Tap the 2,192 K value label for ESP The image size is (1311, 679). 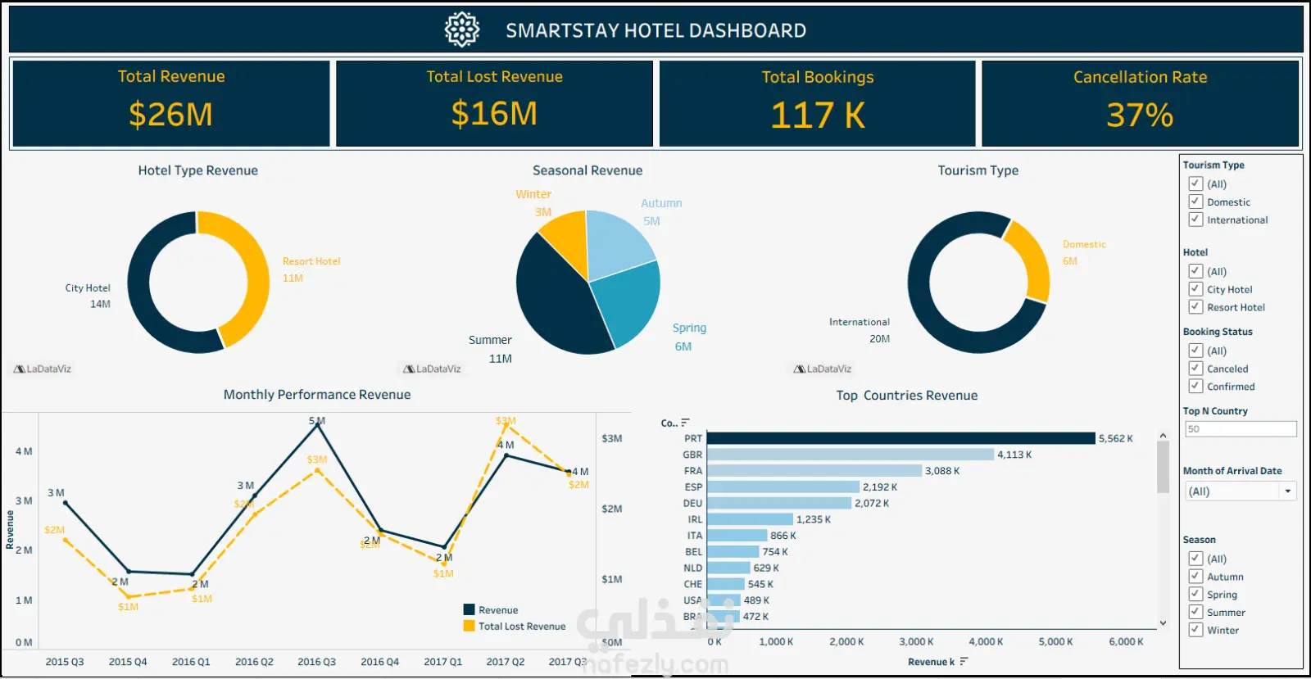879,487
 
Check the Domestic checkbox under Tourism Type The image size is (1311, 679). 1195,201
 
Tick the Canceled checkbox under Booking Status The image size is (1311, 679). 1195,369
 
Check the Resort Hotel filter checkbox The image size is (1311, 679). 1195,307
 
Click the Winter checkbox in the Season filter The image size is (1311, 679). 1195,630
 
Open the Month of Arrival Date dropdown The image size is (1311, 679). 1287,491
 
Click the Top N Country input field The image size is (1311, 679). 1240,429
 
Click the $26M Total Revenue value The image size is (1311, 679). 170,115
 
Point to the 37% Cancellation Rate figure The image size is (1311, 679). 1140,115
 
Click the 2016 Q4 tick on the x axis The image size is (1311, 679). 379,662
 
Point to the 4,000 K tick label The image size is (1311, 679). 986,642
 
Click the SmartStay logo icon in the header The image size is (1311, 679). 462,30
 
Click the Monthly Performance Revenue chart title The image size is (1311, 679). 317,395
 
